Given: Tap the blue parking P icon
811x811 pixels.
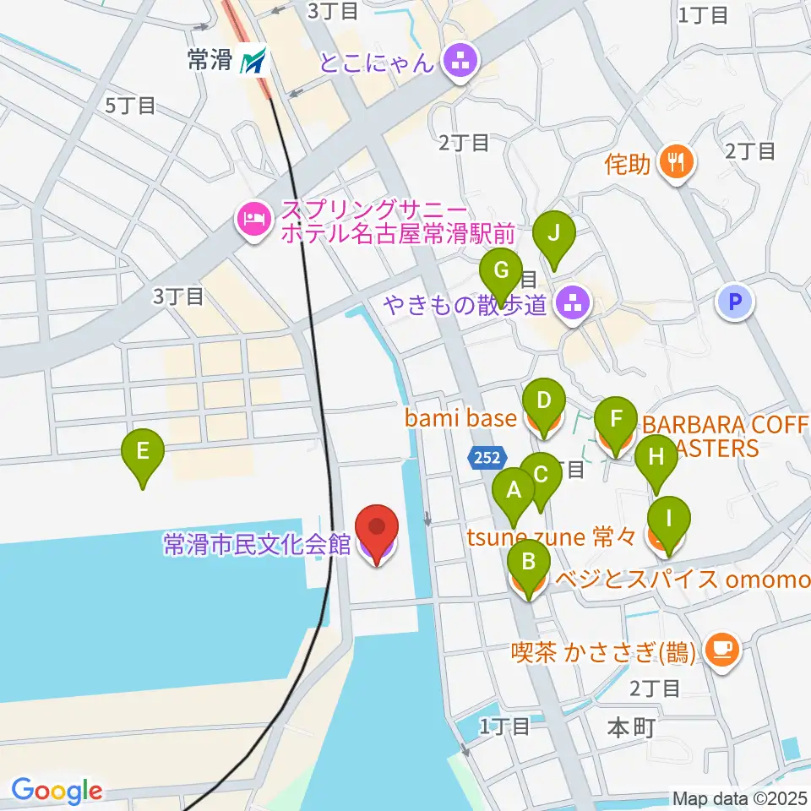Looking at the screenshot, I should point(736,302).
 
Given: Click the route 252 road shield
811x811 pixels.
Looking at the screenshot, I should point(486,457).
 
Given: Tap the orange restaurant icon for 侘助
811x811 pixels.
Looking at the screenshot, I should point(676,163).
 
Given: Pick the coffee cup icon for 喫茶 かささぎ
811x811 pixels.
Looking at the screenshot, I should point(722,649).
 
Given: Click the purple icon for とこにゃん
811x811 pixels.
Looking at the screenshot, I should point(460,61).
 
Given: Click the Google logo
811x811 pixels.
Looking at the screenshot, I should point(57,791).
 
